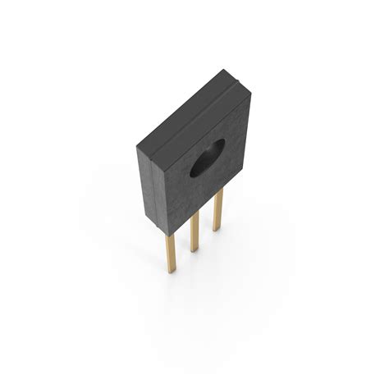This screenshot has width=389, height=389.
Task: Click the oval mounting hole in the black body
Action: point(207,159)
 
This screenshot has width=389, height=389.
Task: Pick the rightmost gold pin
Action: point(217,213)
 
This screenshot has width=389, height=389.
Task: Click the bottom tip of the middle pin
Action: point(194,249)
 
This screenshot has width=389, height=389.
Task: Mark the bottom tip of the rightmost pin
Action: point(217,230)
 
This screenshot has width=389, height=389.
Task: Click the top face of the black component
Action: point(190,108)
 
